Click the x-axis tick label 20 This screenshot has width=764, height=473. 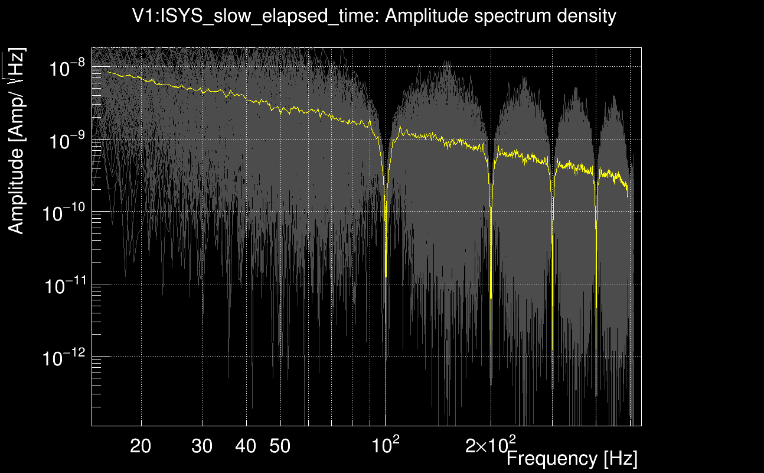click(141, 446)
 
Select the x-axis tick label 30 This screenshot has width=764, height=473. click(203, 446)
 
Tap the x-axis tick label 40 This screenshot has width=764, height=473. click(246, 446)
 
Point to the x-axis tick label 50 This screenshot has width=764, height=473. click(280, 446)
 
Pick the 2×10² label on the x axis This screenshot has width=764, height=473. click(490, 445)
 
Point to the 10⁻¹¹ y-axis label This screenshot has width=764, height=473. click(63, 286)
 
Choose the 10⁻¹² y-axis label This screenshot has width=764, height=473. click(63, 358)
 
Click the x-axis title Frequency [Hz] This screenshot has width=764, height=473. click(572, 458)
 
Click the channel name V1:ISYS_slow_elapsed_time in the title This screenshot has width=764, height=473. click(257, 16)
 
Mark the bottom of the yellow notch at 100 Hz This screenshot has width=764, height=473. click(386, 276)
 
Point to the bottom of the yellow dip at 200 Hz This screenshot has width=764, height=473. click(491, 297)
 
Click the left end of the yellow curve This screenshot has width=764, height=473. click(107, 72)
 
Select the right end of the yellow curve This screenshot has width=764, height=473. click(628, 196)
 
